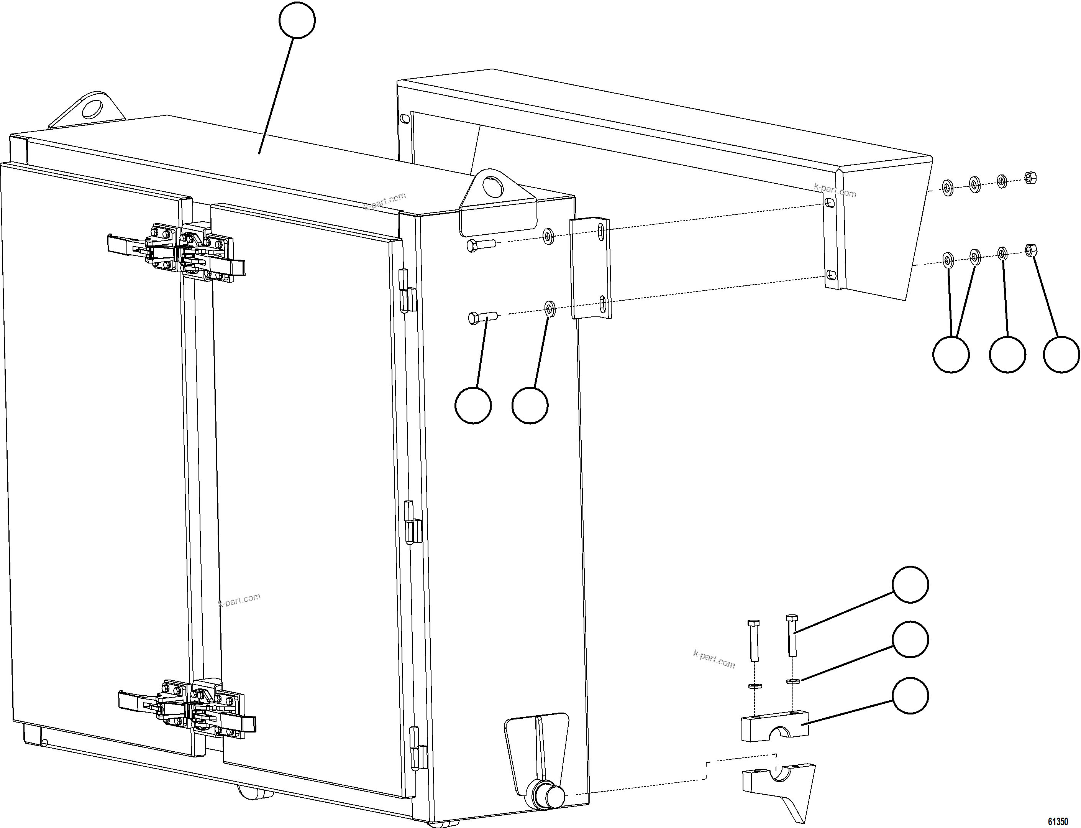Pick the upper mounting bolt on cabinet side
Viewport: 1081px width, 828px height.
482,245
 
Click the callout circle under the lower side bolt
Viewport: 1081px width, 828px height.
473,405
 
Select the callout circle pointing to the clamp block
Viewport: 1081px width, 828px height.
910,695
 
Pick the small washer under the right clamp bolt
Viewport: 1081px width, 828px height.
792,681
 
